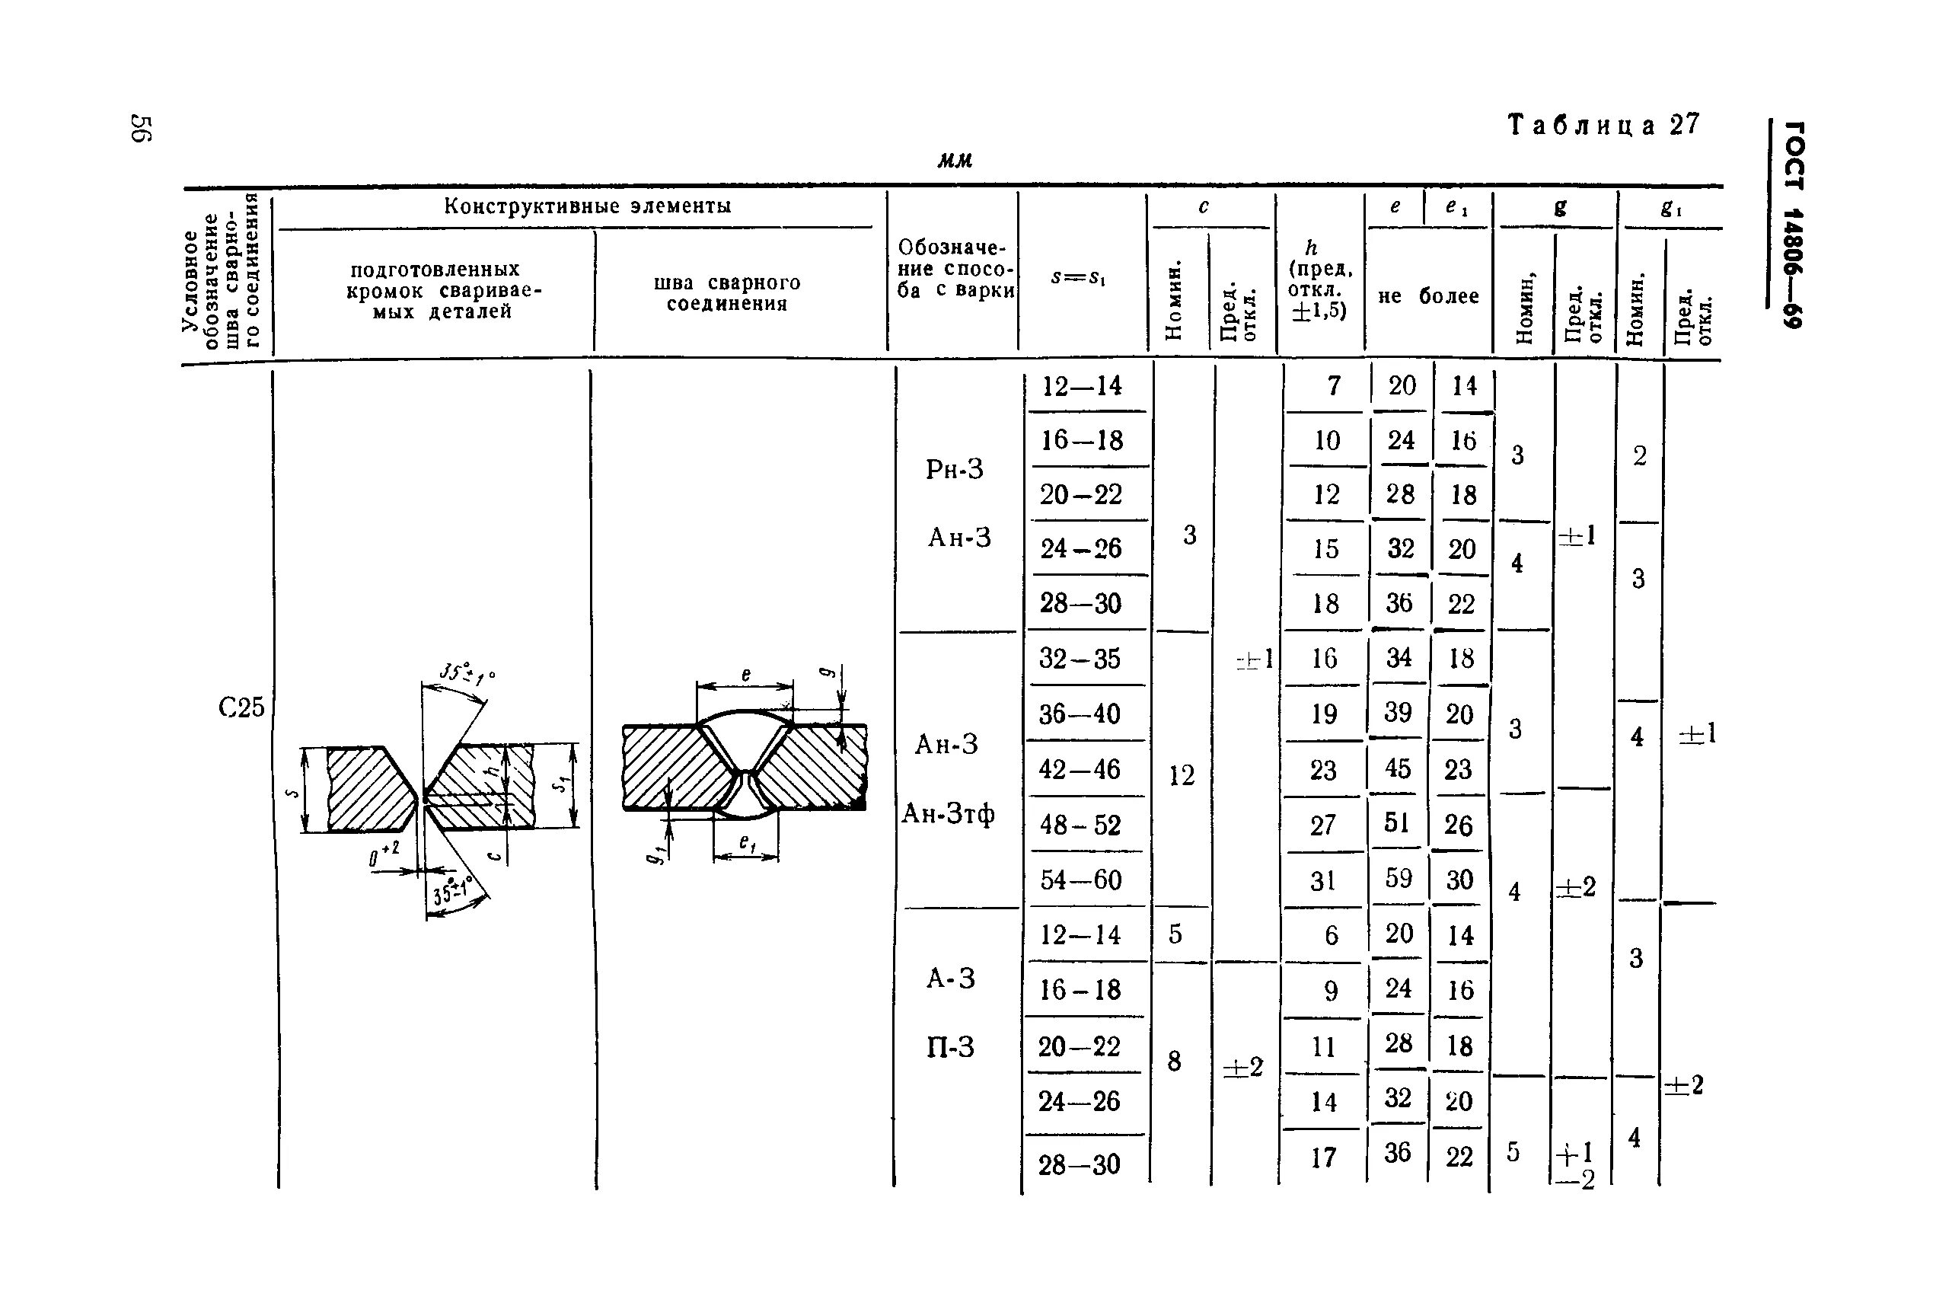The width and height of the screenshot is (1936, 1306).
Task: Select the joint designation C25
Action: tap(241, 707)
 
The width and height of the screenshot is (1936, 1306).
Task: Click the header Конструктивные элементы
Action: tap(587, 206)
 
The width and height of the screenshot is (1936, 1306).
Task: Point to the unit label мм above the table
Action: tap(955, 160)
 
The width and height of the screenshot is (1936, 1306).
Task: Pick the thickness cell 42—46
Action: tap(1080, 769)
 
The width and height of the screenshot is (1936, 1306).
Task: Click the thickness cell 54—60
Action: tap(1080, 880)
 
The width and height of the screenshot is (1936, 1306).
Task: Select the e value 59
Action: tap(1398, 878)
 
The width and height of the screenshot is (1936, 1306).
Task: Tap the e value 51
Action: tap(1397, 823)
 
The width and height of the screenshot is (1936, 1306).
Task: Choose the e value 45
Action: tap(1397, 768)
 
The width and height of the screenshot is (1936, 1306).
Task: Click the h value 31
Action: tap(1323, 880)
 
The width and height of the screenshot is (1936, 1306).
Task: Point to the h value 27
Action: tap(1323, 825)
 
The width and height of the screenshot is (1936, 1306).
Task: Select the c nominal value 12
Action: tap(1181, 775)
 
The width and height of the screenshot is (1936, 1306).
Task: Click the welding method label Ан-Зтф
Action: tap(949, 813)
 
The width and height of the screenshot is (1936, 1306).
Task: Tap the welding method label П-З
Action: tap(950, 1047)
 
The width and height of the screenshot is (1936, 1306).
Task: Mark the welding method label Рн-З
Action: tap(954, 470)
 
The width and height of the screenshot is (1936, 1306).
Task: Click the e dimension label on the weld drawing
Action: tap(745, 675)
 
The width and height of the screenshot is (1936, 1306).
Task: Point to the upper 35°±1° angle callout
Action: tap(465, 674)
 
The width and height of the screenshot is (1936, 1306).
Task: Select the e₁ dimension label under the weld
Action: tap(747, 844)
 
